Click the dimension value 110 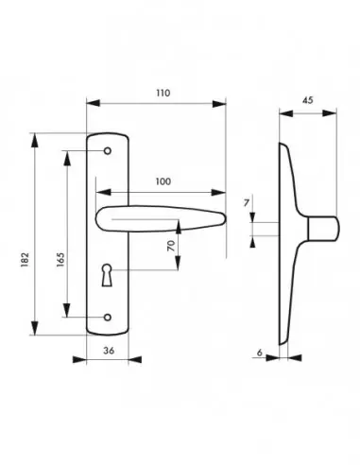pos(163,94)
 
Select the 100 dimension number pos(163,181)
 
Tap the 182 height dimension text pos(25,260)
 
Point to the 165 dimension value pos(60,260)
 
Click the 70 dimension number pos(171,246)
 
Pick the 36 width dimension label pos(109,351)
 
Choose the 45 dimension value pos(308,100)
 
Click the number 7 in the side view pos(247,203)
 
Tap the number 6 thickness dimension pos(260,353)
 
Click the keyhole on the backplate pos(107,275)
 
